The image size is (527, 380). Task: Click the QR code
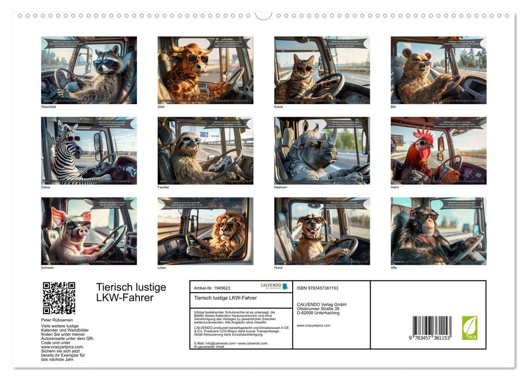click(x=59, y=298)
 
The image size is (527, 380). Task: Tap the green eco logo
click(x=469, y=328)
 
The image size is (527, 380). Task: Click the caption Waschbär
click(x=48, y=107)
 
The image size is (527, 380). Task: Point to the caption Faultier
click(x=163, y=187)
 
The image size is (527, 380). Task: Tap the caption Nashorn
click(x=281, y=187)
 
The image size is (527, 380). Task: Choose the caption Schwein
click(x=48, y=268)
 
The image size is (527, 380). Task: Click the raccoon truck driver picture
click(x=89, y=70)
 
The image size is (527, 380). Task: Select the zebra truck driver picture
click(x=89, y=151)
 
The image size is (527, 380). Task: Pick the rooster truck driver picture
click(x=439, y=151)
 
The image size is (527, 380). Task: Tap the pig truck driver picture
click(x=89, y=231)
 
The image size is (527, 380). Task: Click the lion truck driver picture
click(x=205, y=231)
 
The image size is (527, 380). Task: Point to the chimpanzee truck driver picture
click(x=439, y=231)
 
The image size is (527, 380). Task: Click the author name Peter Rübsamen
click(x=58, y=320)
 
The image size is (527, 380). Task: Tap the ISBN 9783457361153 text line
click(x=318, y=288)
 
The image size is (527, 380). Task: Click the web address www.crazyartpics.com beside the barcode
click(x=314, y=325)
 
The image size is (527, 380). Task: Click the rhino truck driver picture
click(x=322, y=151)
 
